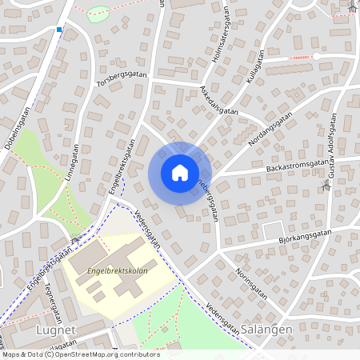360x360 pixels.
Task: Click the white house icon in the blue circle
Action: (x=180, y=173)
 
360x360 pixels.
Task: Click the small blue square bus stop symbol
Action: (x=59, y=30)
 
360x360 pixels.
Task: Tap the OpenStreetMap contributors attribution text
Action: (x=80, y=354)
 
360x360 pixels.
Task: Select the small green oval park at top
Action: (x=98, y=14)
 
